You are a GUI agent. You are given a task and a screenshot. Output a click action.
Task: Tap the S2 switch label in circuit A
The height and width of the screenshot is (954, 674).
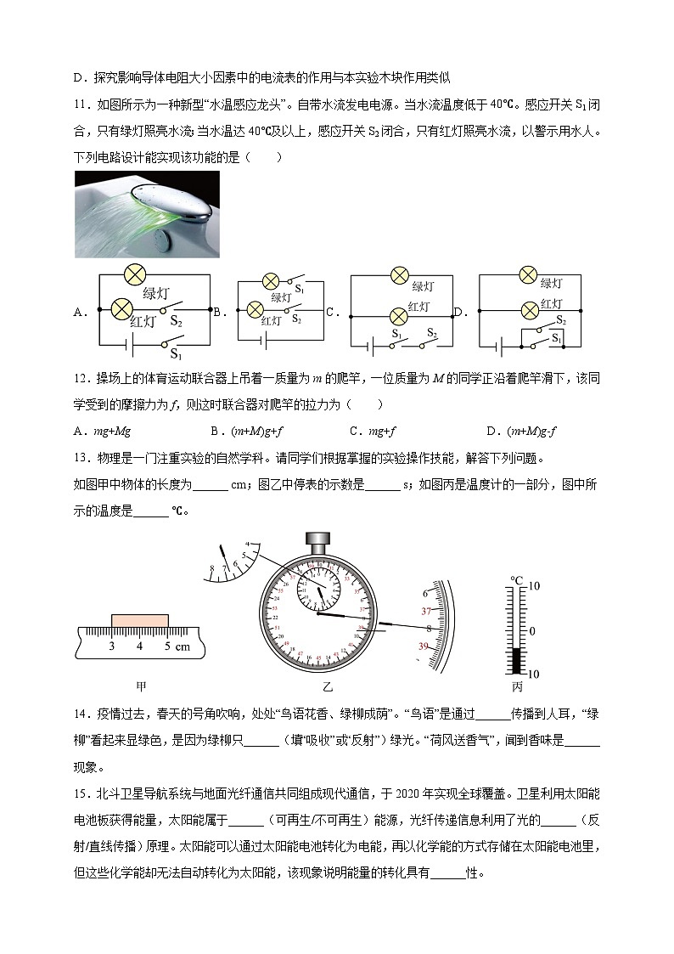pos(176,320)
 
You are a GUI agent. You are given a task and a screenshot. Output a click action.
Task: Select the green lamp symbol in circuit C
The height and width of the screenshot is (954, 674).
pos(401,275)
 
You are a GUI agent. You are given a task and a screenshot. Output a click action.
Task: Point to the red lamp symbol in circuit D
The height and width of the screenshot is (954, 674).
pos(529,308)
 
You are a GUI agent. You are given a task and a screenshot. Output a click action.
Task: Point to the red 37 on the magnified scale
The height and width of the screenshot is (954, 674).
pos(427,611)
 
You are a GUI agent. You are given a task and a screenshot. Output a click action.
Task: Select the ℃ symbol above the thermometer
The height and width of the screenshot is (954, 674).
pos(516,580)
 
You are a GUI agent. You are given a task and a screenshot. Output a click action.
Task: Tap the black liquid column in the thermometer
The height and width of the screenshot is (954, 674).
pos(517,660)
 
